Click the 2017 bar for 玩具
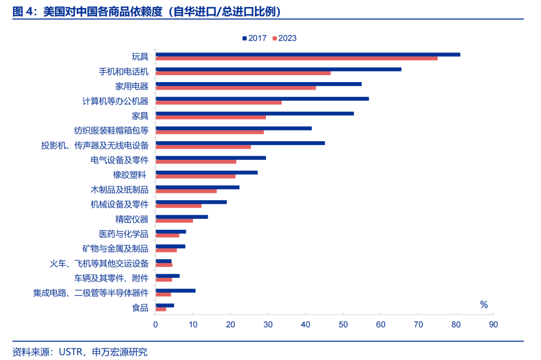308,55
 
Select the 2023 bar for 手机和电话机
243,73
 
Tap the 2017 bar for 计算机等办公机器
262,99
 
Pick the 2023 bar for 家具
210,117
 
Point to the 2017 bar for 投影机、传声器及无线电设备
240,143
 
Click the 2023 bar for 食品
161,309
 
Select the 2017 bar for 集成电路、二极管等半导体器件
175,290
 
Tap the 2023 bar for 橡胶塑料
195,176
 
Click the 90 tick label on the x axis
493,324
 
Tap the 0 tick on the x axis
156,324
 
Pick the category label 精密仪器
132,219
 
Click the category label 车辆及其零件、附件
111,278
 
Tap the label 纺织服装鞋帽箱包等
111,131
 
